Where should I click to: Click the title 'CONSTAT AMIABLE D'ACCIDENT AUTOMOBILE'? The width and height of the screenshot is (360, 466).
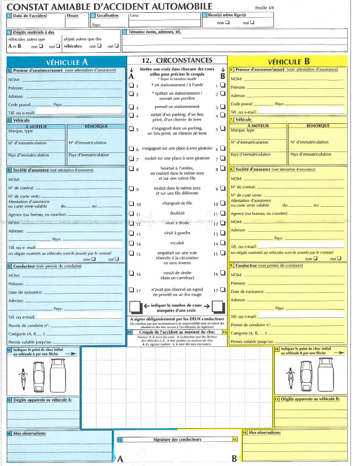click(110, 6)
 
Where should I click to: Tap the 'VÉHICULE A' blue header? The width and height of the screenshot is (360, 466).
click(66, 62)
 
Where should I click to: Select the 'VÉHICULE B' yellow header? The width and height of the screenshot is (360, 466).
click(289, 62)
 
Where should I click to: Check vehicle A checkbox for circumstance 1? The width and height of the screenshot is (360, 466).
click(131, 86)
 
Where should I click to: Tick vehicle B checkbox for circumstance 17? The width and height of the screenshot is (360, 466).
click(223, 290)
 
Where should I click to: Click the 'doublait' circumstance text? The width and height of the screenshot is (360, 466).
click(177, 213)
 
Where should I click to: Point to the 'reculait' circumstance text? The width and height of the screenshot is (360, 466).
click(177, 243)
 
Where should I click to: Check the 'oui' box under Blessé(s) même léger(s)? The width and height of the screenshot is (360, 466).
click(252, 23)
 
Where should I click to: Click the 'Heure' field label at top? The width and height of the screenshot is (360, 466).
click(72, 16)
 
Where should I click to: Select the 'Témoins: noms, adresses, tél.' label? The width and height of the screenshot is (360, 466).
click(155, 32)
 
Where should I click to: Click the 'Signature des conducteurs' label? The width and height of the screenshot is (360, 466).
click(177, 439)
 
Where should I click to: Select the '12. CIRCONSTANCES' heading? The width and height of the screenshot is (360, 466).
click(177, 60)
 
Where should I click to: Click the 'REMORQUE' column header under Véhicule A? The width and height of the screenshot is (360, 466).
click(96, 126)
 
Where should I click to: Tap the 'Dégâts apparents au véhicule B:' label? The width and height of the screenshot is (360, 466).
click(310, 399)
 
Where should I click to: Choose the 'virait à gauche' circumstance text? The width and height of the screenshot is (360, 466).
click(177, 233)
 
